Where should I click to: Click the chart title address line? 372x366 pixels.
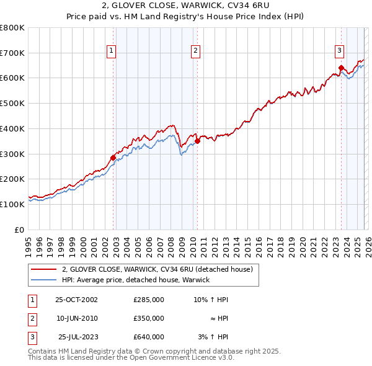(185, 7)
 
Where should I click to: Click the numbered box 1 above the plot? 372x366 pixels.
(111, 51)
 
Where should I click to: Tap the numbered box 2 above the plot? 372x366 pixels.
(195, 51)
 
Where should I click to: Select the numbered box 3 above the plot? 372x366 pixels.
(340, 51)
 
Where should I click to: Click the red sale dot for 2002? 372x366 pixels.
(113, 158)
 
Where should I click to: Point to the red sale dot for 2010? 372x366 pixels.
(197, 141)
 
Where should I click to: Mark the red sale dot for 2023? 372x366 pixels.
(341, 68)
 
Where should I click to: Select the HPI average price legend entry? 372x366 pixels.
(136, 280)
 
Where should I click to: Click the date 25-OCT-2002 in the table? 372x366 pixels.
(76, 300)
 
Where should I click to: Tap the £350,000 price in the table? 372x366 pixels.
(149, 318)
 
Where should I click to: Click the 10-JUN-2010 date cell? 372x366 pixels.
(76, 318)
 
